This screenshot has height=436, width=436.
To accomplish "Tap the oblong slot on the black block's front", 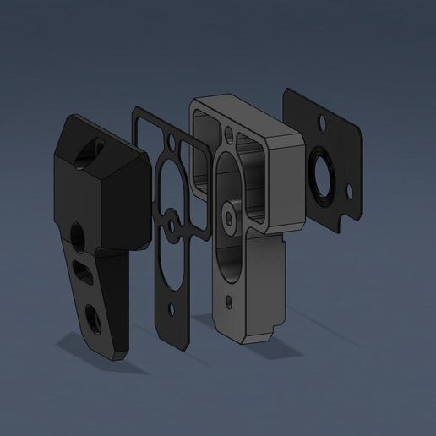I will (84, 271).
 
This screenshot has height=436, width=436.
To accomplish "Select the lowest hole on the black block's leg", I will (93, 319).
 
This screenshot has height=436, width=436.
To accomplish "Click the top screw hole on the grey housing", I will (229, 133).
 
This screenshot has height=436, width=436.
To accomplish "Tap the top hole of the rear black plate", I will (322, 124).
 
